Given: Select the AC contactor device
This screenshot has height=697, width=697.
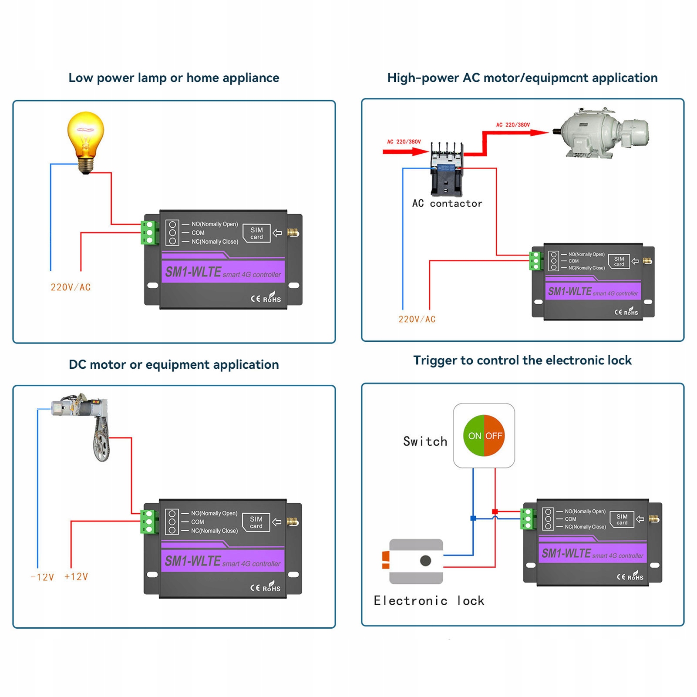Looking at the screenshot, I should click(x=446, y=170).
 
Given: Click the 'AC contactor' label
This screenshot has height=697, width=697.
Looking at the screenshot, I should click(x=447, y=203).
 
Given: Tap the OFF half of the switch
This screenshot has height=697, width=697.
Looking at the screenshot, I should click(x=494, y=436).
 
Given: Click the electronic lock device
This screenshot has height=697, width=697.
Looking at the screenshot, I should click(x=416, y=561).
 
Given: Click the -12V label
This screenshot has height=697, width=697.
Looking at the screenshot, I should click(x=42, y=577).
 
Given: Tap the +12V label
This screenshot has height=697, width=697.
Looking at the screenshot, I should click(x=76, y=577).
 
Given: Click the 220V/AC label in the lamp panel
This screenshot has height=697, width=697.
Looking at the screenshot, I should click(x=71, y=287).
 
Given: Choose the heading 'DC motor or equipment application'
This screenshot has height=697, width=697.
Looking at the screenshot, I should click(x=174, y=364).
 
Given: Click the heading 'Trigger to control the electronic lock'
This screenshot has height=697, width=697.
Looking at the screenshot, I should click(x=522, y=360).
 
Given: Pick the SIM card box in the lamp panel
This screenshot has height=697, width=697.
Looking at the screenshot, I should click(x=256, y=233).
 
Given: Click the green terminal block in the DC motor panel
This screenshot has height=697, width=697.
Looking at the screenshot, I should click(x=149, y=522).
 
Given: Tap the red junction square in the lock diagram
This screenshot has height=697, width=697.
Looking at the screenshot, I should click(x=495, y=512).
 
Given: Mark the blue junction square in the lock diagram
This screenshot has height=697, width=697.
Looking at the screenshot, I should click(x=473, y=518).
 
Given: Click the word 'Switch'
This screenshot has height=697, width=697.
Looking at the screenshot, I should click(x=425, y=441).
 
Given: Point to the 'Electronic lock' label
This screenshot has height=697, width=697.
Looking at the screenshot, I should click(x=429, y=601).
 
